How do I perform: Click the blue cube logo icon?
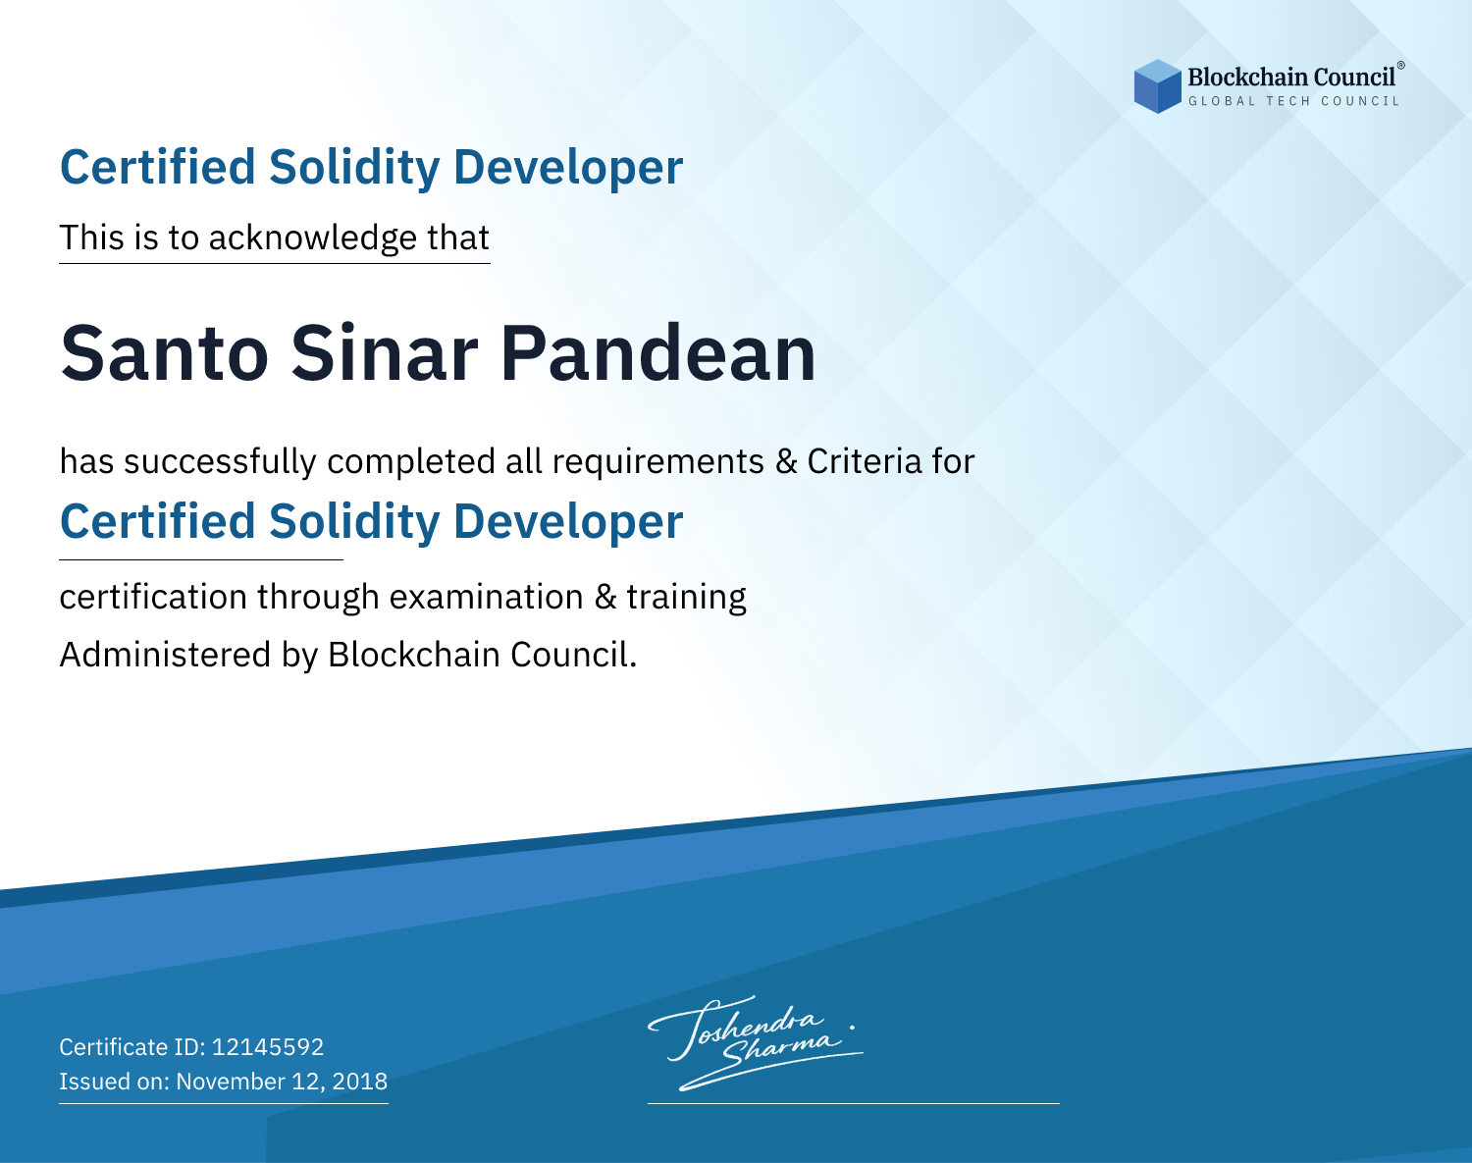(1157, 86)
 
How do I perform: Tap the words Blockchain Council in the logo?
(1291, 78)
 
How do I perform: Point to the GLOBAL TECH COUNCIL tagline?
(1293, 101)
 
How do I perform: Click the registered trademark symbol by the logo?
(1401, 66)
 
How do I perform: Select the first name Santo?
(164, 354)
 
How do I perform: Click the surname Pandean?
(658, 353)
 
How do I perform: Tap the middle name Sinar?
(385, 353)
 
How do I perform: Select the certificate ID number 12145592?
(268, 1046)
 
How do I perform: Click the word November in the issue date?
(231, 1081)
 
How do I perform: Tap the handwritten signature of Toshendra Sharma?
(756, 1042)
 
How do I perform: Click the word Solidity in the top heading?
(354, 168)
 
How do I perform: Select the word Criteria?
(864, 461)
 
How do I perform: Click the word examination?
(487, 597)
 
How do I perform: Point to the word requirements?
(658, 462)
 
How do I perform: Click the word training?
(686, 598)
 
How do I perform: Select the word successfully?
(220, 462)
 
